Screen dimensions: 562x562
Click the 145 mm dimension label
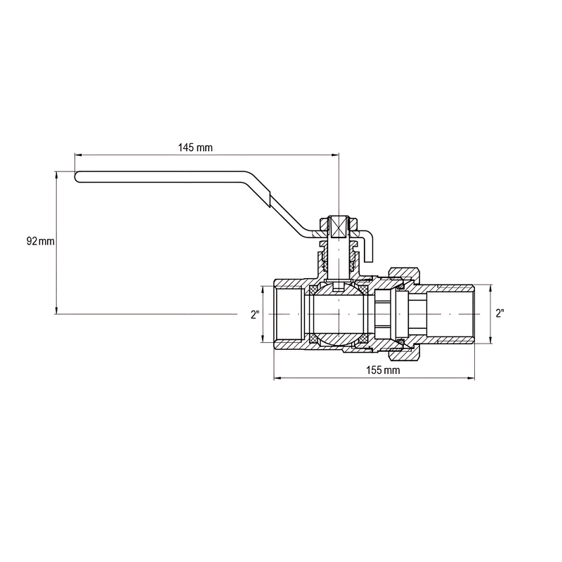[x=195, y=148]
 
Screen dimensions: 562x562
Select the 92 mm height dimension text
[x=40, y=241]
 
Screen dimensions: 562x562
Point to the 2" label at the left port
[x=255, y=315]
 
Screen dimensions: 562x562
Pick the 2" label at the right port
[x=499, y=314]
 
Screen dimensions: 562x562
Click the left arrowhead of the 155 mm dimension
[x=275, y=379]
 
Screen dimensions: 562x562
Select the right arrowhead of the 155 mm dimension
[x=474, y=379]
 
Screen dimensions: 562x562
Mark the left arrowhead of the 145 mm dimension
[x=77, y=155]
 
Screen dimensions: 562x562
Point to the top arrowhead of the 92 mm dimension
[x=56, y=174]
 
